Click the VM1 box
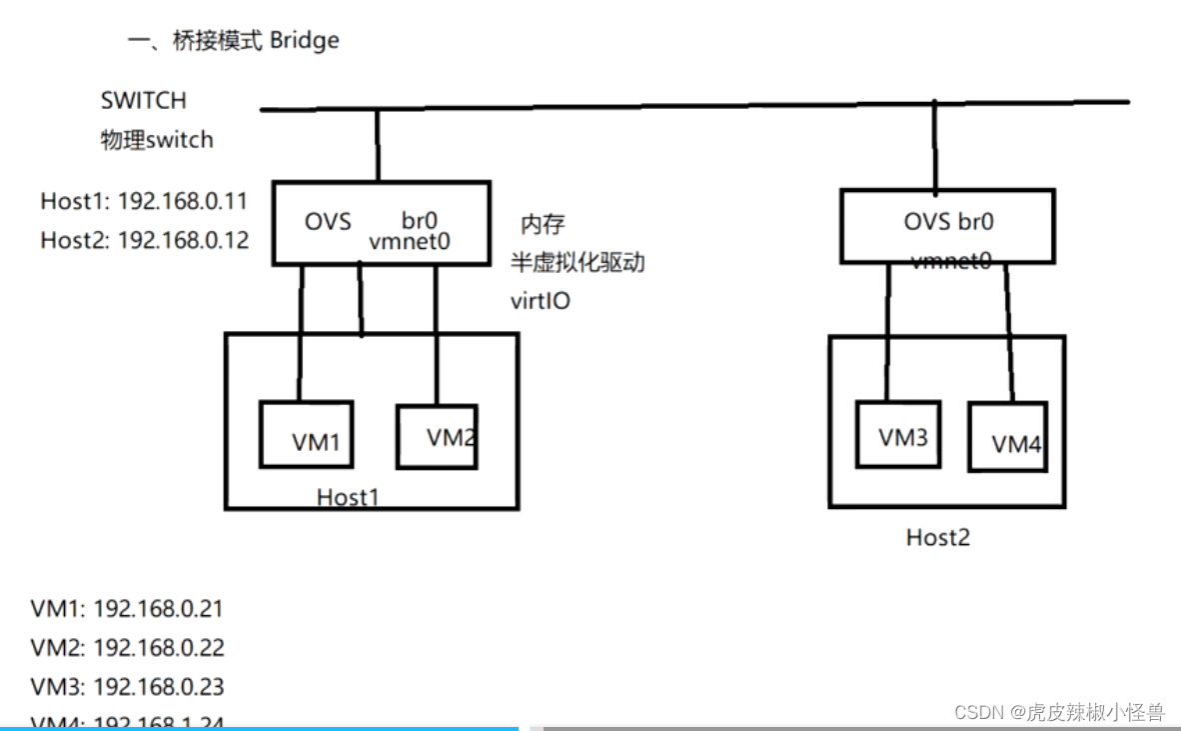pyautogui.click(x=306, y=435)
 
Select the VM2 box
pyautogui.click(x=437, y=436)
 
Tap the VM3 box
pyautogui.click(x=897, y=434)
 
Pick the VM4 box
pyautogui.click(x=1008, y=437)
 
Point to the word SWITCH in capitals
pyautogui.click(x=143, y=100)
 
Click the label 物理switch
pyautogui.click(x=157, y=139)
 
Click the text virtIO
pyautogui.click(x=540, y=299)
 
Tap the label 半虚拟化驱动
pyautogui.click(x=578, y=262)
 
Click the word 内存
pyautogui.click(x=543, y=223)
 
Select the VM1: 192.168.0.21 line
pyautogui.click(x=127, y=608)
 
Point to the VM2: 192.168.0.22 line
pyautogui.click(x=127, y=647)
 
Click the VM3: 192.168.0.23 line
pyautogui.click(x=127, y=686)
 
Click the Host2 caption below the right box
pyautogui.click(x=937, y=537)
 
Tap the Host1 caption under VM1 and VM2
pyautogui.click(x=348, y=496)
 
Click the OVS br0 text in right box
pyautogui.click(x=948, y=221)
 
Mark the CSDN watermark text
pyautogui.click(x=1059, y=712)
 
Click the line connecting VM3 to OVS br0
pyautogui.click(x=885, y=330)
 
